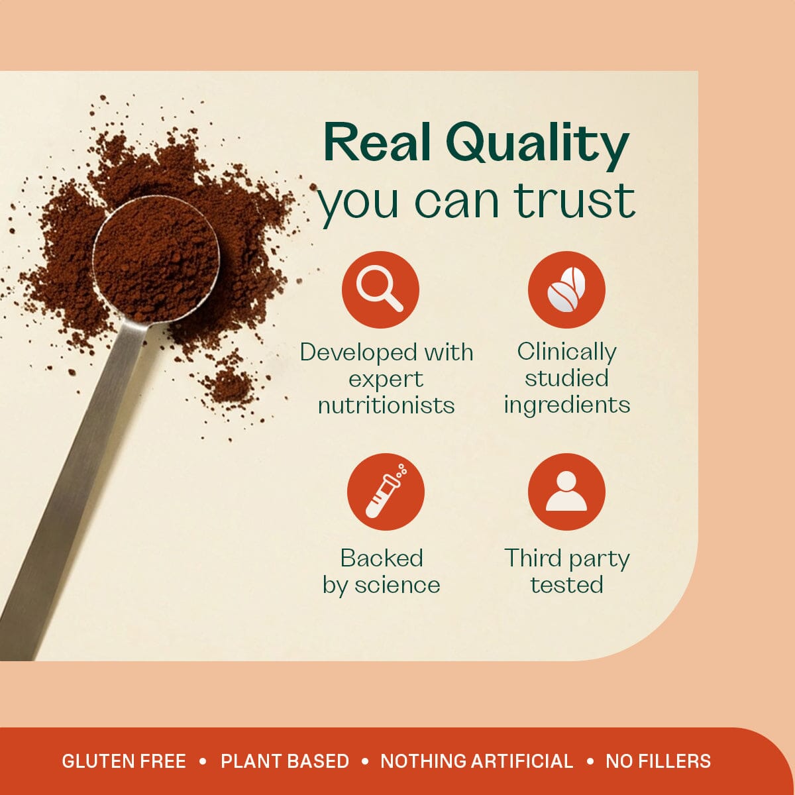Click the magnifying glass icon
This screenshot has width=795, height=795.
click(380, 290)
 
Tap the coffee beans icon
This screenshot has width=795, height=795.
click(566, 290)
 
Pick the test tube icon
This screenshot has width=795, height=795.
click(386, 492)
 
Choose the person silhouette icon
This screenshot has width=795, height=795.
click(566, 492)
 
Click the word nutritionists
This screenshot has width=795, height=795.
click(386, 405)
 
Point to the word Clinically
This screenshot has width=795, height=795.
click(566, 351)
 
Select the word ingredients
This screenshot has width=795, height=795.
click(566, 404)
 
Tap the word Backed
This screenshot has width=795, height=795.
click(382, 558)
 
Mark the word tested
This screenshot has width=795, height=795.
click(566, 585)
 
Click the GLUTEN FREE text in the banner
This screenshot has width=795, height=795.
click(124, 761)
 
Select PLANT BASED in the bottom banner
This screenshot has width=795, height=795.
click(285, 761)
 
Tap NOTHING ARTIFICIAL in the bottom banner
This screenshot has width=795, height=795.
click(477, 761)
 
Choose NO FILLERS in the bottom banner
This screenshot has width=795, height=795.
click(658, 761)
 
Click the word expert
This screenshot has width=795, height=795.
click(386, 379)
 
